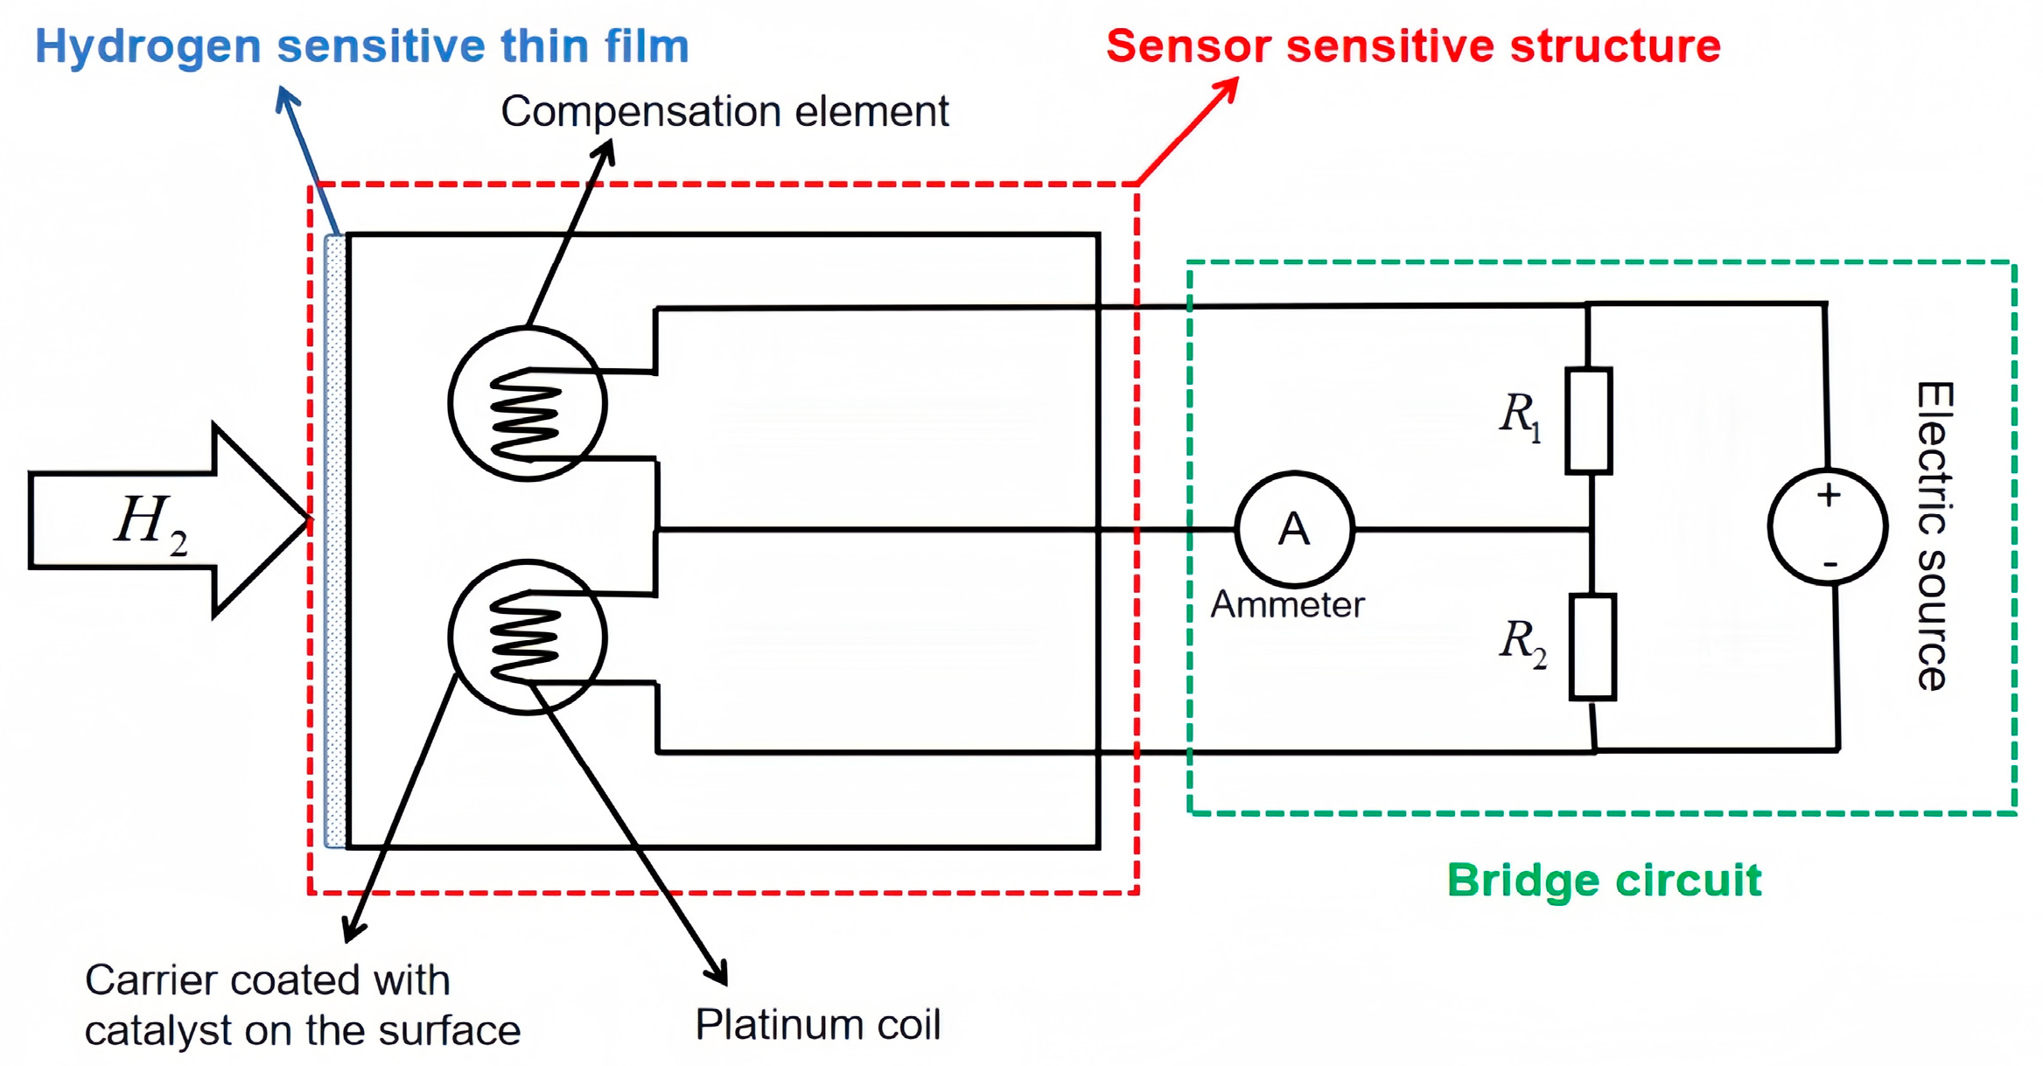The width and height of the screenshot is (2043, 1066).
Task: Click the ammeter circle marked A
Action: pyautogui.click(x=1294, y=529)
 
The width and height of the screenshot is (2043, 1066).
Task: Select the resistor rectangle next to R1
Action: pyautogui.click(x=1588, y=421)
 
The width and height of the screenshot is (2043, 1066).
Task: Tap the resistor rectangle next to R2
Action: pyautogui.click(x=1592, y=647)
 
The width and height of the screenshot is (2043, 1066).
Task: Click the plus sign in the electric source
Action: pyautogui.click(x=1828, y=496)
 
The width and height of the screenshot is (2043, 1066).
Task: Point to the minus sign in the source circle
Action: pyautogui.click(x=1830, y=565)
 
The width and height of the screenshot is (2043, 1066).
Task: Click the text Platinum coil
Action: pyautogui.click(x=817, y=1024)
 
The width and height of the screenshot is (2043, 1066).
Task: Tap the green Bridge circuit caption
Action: pyautogui.click(x=1603, y=880)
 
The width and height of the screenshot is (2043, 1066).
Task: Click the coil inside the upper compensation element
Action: pyautogui.click(x=525, y=413)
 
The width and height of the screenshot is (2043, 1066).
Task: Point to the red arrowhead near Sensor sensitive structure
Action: pyautogui.click(x=1227, y=88)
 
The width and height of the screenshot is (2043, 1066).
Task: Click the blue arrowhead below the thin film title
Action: pyautogui.click(x=286, y=98)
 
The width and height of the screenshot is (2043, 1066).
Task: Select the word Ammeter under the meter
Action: pyautogui.click(x=1286, y=605)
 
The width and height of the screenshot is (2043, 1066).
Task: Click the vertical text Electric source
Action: pyautogui.click(x=1933, y=535)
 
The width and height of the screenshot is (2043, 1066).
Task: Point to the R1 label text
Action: pyautogui.click(x=1519, y=416)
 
